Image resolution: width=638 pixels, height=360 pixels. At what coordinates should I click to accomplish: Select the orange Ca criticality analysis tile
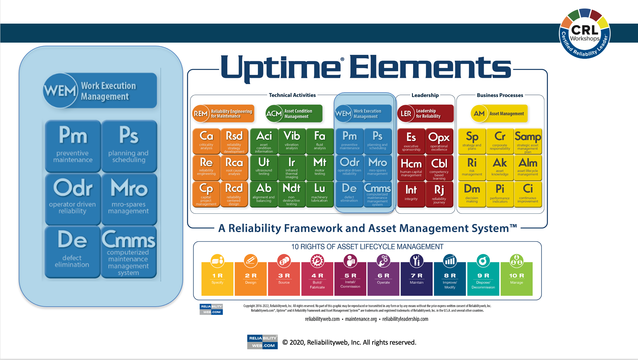click(x=206, y=141)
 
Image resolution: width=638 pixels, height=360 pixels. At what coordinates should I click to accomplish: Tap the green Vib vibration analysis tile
click(x=292, y=141)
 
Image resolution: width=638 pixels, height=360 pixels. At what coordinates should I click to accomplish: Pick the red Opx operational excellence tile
click(x=439, y=141)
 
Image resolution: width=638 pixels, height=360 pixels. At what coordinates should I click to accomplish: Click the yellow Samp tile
click(x=528, y=141)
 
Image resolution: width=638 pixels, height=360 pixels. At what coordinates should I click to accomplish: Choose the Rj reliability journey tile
click(x=439, y=194)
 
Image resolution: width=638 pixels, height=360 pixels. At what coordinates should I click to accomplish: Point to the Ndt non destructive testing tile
click(x=292, y=194)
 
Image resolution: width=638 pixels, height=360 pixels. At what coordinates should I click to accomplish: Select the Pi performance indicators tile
click(x=500, y=194)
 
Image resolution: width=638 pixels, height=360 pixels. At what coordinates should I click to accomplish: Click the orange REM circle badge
click(x=201, y=114)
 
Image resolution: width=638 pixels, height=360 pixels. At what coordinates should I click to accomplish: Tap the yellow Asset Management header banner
click(x=499, y=113)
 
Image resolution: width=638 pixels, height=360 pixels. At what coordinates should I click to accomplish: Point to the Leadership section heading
click(x=425, y=95)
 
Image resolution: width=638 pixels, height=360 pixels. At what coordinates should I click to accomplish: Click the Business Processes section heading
click(x=500, y=95)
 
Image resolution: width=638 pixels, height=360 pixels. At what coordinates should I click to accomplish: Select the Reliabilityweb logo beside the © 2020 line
click(x=263, y=342)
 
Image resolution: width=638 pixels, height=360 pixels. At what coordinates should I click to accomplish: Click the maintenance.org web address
click(x=361, y=319)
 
